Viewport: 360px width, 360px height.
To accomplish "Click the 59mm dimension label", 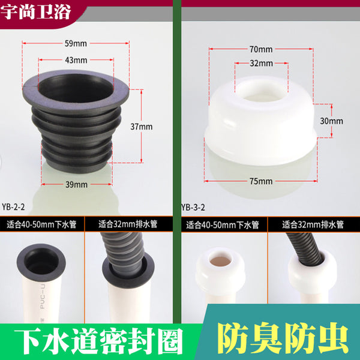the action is pos(76,43).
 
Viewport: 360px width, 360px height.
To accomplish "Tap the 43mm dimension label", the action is pos(76,60).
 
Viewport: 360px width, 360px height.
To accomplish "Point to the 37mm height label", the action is pos(142,127).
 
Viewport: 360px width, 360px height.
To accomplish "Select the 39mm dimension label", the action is pos(76,185).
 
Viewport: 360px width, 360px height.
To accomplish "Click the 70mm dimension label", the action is pos(261,49).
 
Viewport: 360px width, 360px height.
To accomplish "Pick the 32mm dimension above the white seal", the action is pos(261,63).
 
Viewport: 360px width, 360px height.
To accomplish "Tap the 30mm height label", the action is pos(332,121).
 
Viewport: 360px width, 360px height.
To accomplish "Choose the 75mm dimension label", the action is pos(261,181).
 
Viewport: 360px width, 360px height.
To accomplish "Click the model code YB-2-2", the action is pos(13,207).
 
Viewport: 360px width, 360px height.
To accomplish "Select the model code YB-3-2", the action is pos(193,208).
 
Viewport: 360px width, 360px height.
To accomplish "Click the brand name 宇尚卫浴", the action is pos(35,12).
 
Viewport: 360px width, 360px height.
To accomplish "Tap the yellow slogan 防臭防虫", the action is pos(283,338).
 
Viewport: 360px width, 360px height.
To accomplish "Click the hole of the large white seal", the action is pos(261,92).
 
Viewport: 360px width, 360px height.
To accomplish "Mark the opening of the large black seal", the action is pos(76,88).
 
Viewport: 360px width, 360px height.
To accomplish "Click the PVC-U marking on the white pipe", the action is pos(43,297).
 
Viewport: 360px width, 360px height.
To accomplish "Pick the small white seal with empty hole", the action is pos(220,271).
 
